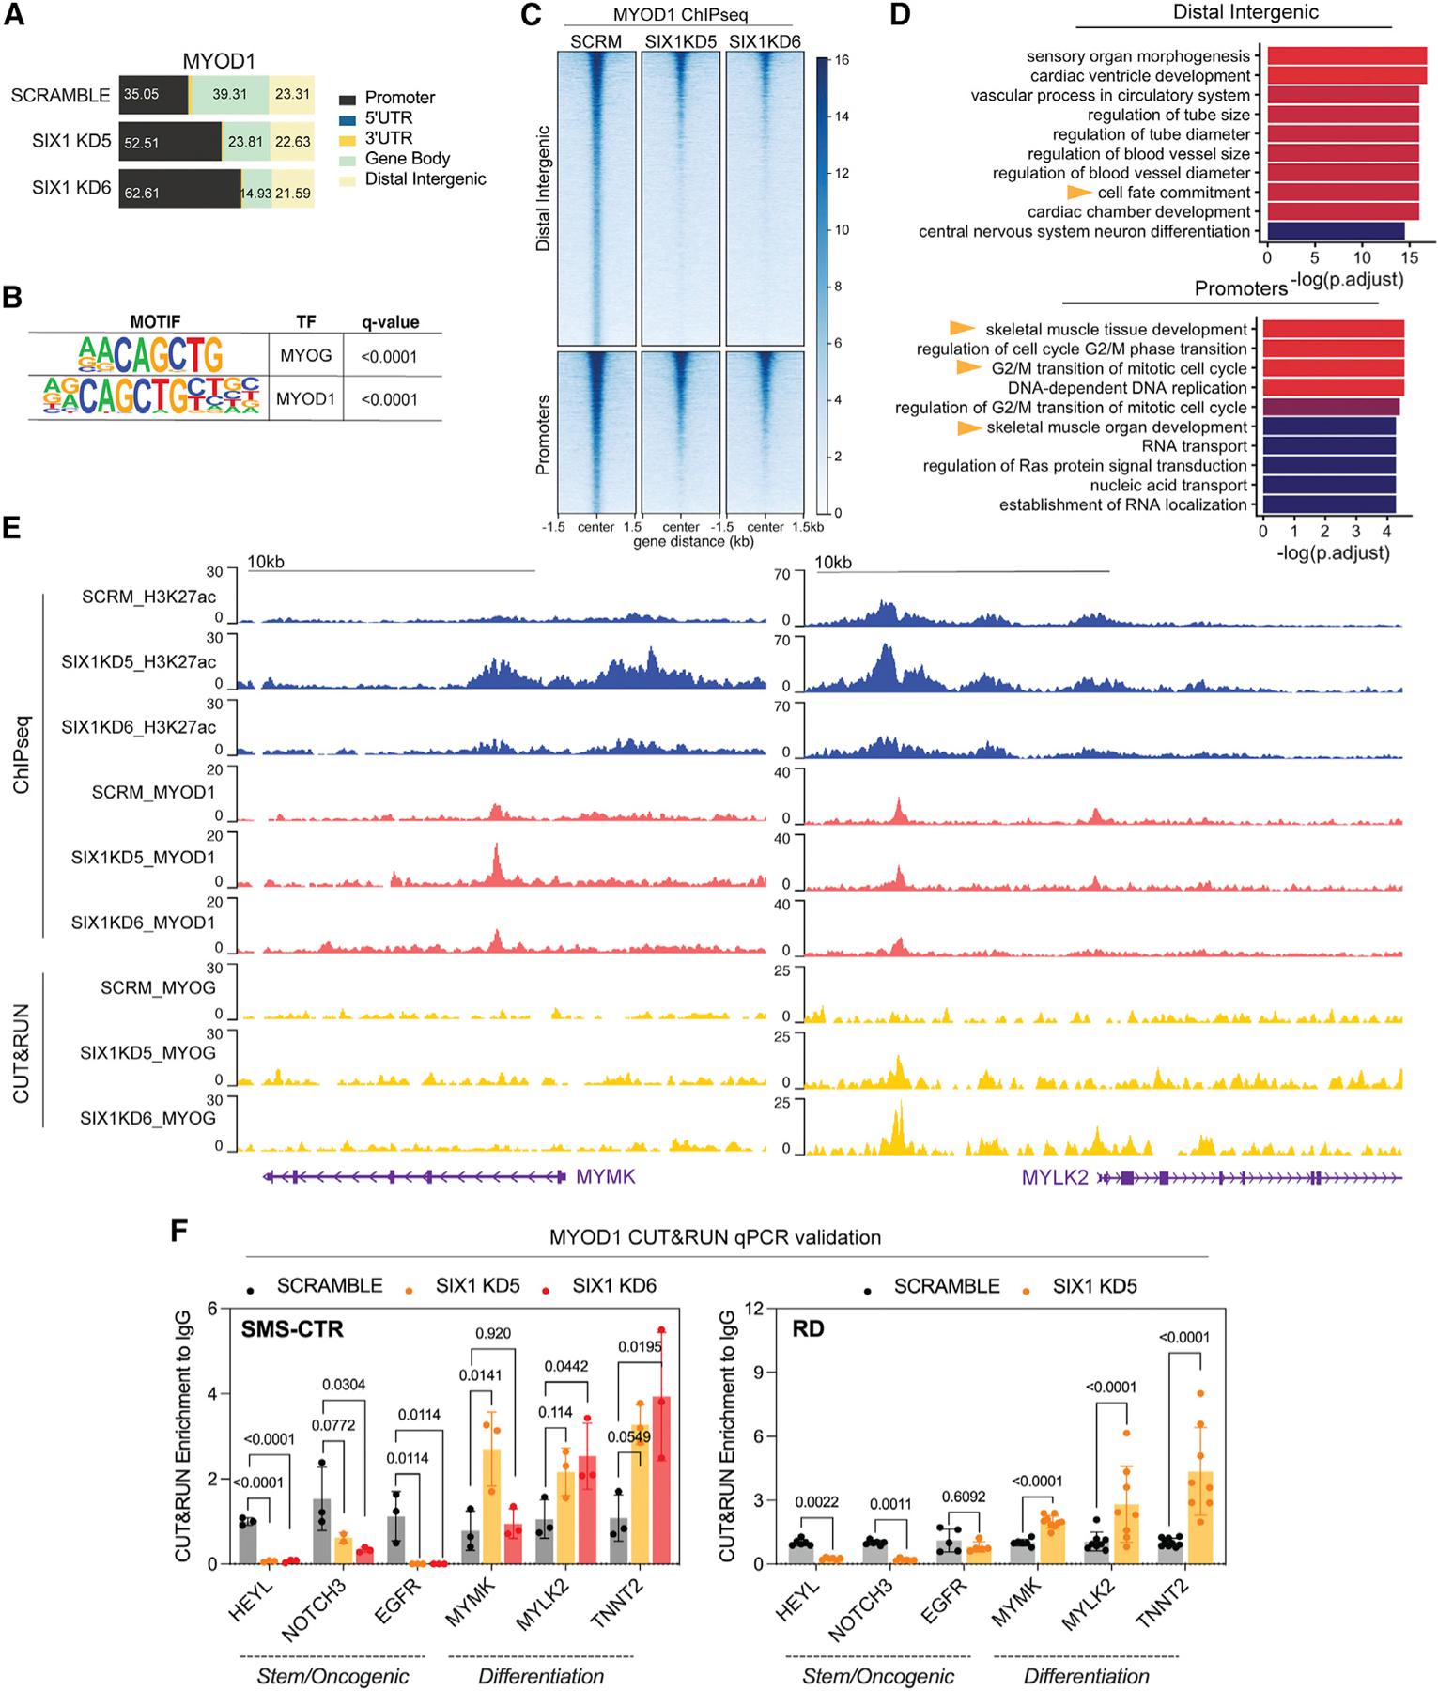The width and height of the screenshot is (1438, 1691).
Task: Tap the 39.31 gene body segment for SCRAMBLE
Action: point(229,95)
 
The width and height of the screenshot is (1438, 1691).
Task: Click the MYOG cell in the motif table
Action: point(305,357)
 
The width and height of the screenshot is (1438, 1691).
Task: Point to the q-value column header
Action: point(390,322)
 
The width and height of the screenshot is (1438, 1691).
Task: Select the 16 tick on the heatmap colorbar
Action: point(842,60)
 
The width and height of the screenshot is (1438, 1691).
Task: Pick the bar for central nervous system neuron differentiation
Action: point(1335,231)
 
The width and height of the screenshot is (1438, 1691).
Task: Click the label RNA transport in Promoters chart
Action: point(1194,446)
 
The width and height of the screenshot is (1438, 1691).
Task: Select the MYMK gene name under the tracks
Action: point(605,1176)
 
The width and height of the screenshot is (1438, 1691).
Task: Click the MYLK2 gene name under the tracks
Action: point(1055,1176)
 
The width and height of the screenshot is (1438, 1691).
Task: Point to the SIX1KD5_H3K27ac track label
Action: point(139,661)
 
